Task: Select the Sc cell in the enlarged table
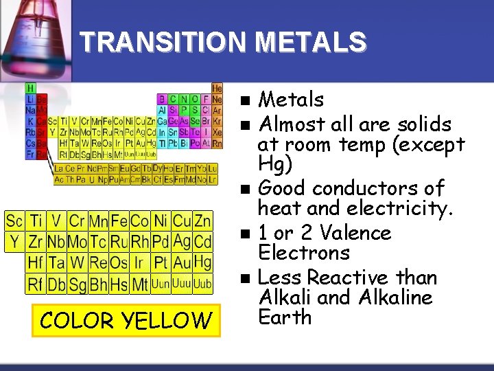coord(14,221)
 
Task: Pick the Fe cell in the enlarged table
coord(119,221)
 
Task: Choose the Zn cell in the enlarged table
coord(202,221)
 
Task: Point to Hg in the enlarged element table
coord(202,262)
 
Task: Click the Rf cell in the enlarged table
coord(35,283)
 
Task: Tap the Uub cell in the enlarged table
coord(202,283)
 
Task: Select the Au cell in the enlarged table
coord(182,262)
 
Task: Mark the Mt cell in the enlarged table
coord(140,283)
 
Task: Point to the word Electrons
coord(304,253)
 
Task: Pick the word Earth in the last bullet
coord(285,317)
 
